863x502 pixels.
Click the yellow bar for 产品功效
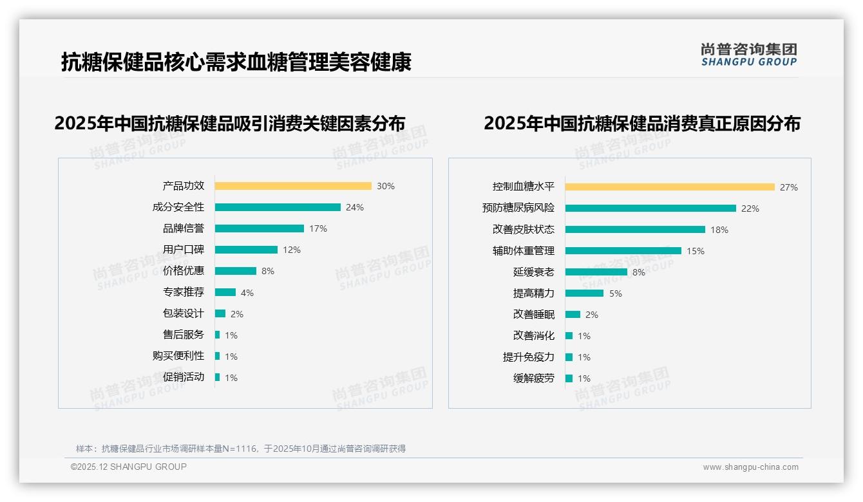coord(293,186)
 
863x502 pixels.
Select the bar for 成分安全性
coord(278,207)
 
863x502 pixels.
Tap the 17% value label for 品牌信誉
coord(318,228)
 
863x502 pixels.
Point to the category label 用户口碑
coord(184,250)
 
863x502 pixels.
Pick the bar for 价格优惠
coord(236,271)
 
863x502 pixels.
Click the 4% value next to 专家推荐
coord(247,293)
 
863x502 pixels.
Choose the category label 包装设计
coord(184,313)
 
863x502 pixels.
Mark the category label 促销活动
coord(184,377)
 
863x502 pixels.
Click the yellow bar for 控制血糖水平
coord(670,187)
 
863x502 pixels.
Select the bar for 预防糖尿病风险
coord(650,209)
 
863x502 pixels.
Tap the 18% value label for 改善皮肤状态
coord(719,230)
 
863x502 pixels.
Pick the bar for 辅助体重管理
coord(623,251)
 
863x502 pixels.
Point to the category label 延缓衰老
coord(533,272)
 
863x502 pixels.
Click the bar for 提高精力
coord(585,293)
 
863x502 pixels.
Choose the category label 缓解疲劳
coord(533,378)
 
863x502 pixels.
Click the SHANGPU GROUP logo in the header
coord(748,55)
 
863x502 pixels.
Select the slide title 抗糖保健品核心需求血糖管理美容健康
coord(236,62)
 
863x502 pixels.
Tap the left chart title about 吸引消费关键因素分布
coord(230,124)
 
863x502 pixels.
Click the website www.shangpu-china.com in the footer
coord(750,467)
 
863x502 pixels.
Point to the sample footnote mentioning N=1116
coord(241,449)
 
